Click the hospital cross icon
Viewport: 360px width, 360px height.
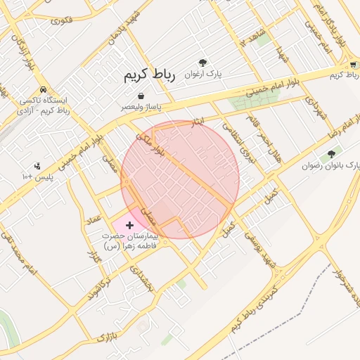click(129, 225)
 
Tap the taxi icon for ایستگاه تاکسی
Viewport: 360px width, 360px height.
click(44, 90)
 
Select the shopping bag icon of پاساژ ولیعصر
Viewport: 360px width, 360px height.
click(141, 96)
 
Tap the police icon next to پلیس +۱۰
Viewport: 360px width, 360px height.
click(37, 166)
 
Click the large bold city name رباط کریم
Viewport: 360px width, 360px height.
click(148, 74)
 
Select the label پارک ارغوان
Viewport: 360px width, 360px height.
click(203, 73)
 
